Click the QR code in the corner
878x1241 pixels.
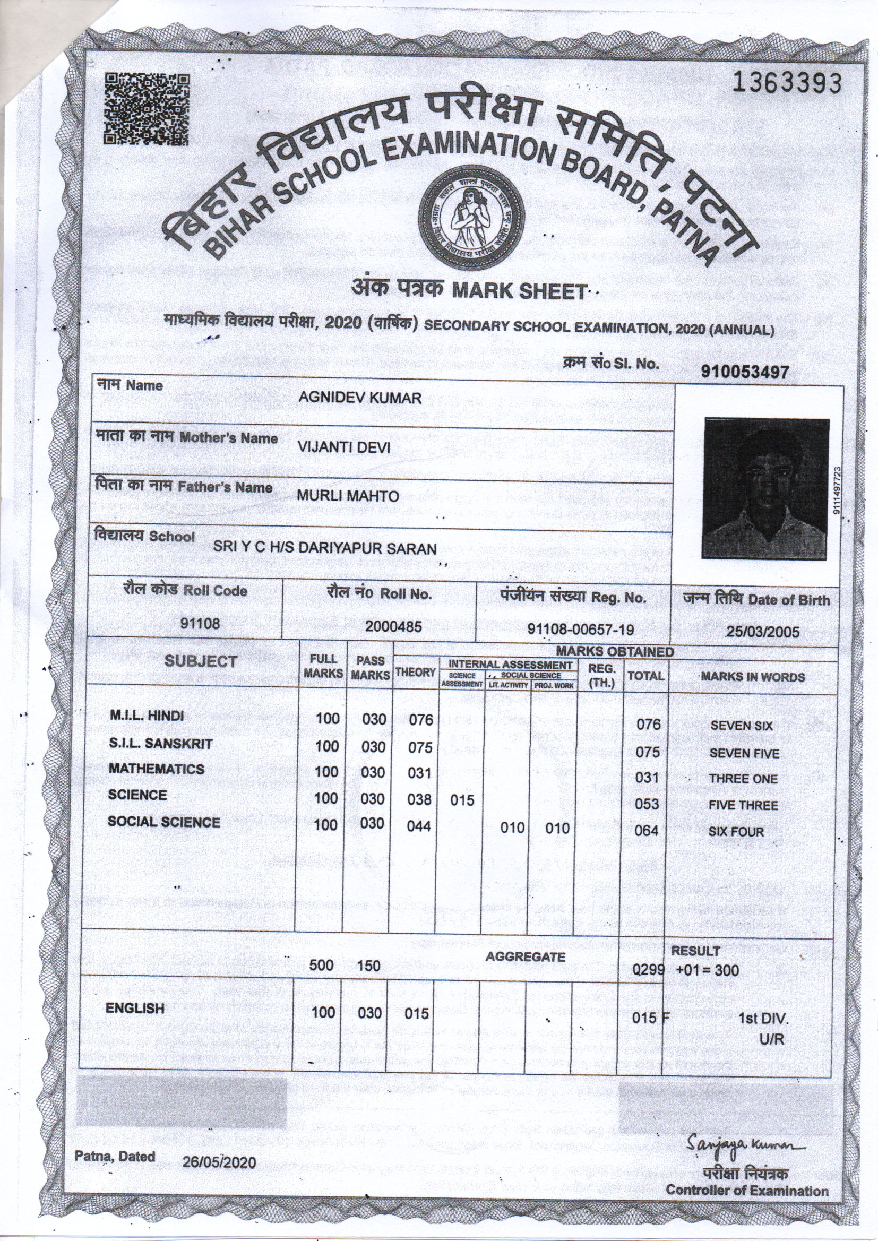click(x=147, y=110)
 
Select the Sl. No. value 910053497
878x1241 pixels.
click(x=745, y=372)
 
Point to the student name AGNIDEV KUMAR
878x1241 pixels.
click(x=359, y=398)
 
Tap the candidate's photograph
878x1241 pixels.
click(x=765, y=489)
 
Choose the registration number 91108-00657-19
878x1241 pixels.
click(x=581, y=629)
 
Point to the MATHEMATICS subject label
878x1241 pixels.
click(x=156, y=769)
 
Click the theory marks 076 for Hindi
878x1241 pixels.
click(x=420, y=720)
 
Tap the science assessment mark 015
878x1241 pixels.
click(x=462, y=800)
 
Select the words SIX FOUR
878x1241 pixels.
click(x=736, y=832)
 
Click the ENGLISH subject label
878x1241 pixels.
click(x=135, y=1008)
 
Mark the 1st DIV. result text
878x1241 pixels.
click(x=763, y=1019)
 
